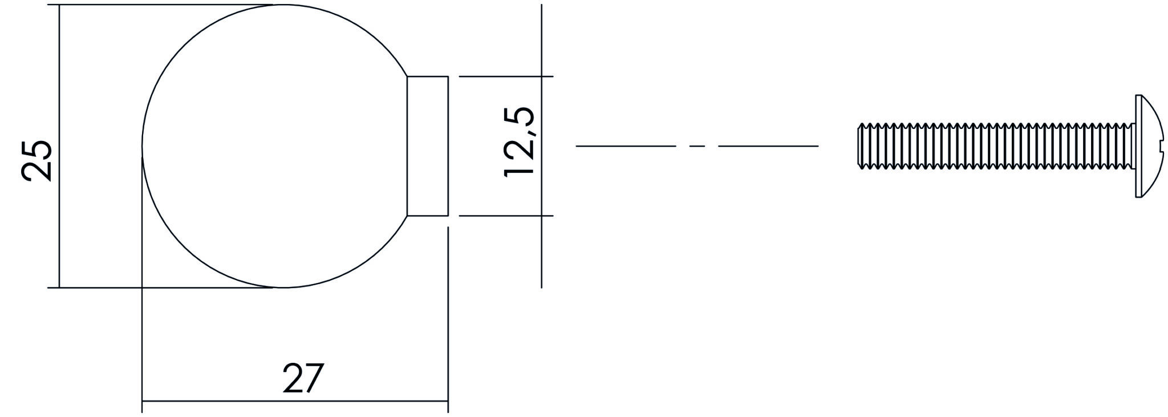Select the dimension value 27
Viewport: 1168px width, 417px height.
[303, 378]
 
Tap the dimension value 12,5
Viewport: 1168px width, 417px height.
[520, 141]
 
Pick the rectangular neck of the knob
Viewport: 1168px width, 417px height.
[428, 146]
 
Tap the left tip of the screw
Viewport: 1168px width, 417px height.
[860, 146]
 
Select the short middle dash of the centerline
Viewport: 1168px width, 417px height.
[697, 147]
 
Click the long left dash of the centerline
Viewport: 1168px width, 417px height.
[626, 147]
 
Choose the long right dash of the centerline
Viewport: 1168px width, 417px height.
[768, 147]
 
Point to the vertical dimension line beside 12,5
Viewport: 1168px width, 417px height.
[541, 251]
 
